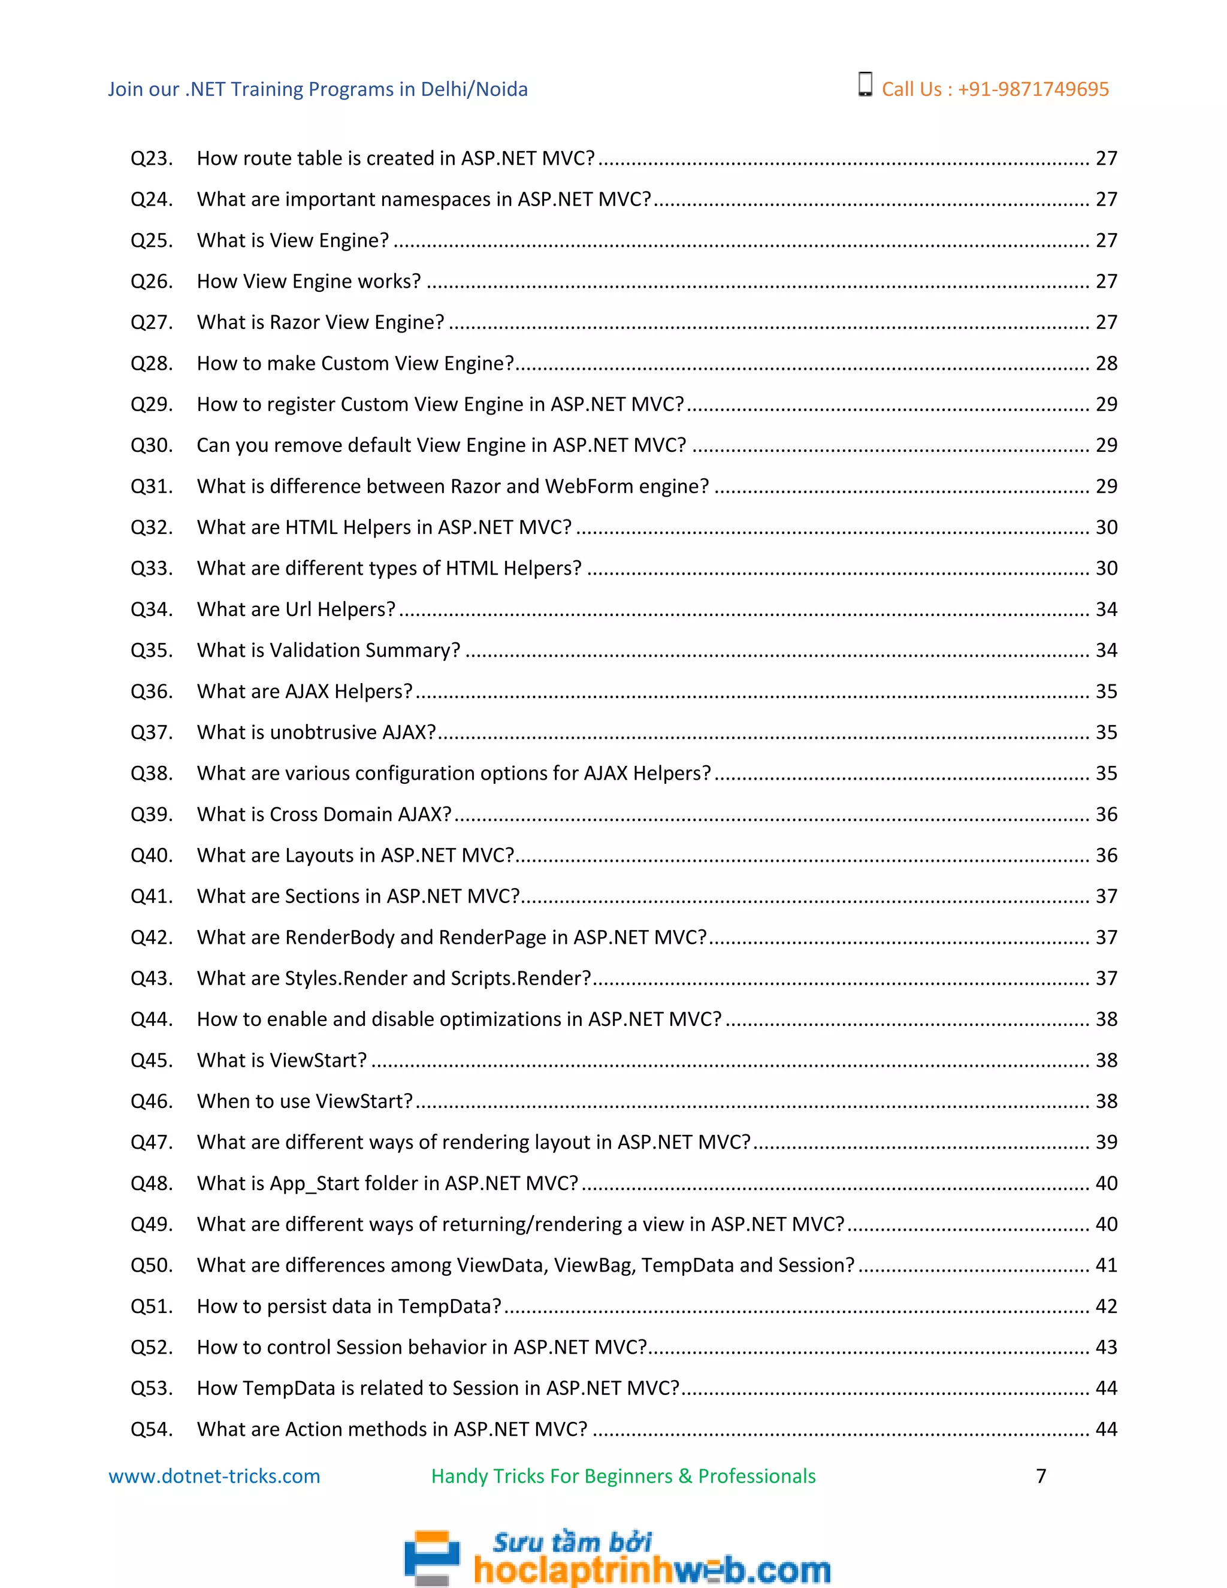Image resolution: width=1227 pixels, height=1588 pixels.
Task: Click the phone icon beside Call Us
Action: pyautogui.click(x=865, y=84)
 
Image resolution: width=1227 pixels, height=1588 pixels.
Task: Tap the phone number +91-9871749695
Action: pyautogui.click(x=1033, y=89)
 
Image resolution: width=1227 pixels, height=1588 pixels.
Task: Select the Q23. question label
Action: pyautogui.click(x=151, y=159)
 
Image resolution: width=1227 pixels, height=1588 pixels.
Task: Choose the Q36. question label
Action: pyautogui.click(x=151, y=692)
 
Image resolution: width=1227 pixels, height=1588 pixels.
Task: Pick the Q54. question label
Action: pyautogui.click(x=151, y=1429)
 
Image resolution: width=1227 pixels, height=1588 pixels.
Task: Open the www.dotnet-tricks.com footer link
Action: pyautogui.click(x=214, y=1477)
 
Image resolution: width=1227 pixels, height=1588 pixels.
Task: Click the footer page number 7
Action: pyautogui.click(x=1041, y=1476)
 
